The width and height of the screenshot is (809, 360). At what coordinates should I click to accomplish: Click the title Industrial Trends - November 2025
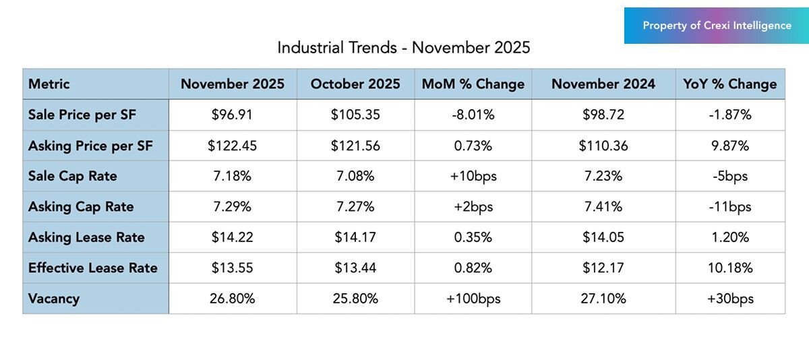404,48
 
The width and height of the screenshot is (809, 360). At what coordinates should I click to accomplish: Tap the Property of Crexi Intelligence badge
717,26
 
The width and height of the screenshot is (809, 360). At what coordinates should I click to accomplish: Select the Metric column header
49,84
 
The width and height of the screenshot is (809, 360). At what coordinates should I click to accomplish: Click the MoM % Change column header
473,84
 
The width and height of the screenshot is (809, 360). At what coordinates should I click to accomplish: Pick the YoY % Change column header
730,84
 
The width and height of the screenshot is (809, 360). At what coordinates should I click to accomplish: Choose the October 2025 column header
355,84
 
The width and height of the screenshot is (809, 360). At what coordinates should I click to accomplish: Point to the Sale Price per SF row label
82,115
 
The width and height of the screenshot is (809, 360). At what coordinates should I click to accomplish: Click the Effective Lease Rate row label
93,268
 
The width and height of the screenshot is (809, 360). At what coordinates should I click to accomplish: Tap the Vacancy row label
54,298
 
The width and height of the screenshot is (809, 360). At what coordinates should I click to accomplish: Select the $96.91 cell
232,115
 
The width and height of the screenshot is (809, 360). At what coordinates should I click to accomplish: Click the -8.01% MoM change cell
473,115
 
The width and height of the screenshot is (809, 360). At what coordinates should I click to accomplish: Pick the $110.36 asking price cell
603,146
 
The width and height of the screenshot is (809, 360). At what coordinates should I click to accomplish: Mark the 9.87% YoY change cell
730,146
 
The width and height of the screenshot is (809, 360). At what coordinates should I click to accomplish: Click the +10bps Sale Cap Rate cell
473,176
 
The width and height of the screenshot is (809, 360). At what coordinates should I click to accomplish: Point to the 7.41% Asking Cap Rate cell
603,206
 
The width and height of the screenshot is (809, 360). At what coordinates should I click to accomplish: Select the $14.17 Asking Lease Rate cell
355,237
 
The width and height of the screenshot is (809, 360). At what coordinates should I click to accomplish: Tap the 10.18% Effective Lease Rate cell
730,268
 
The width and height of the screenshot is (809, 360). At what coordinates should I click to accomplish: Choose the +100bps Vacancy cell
473,298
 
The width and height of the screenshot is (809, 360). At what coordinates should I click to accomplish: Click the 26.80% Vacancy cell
232,298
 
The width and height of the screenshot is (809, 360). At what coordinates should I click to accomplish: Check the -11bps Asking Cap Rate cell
730,206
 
